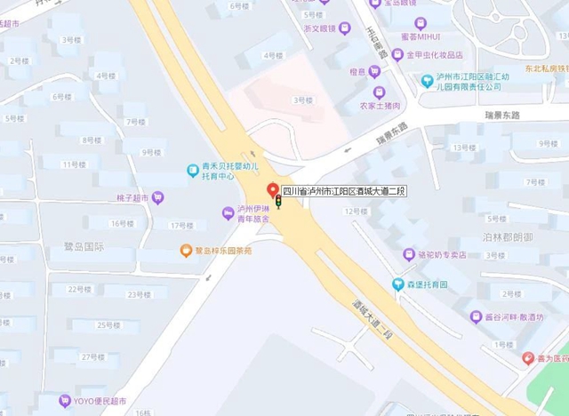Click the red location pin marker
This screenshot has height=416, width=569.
pyautogui.click(x=273, y=189)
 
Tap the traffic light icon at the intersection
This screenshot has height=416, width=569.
pyautogui.click(x=277, y=204)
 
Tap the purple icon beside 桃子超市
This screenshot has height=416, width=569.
pyautogui.click(x=157, y=197)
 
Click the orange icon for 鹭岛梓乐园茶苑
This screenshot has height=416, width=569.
pyautogui.click(x=186, y=251)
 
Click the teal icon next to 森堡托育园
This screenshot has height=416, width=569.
pyautogui.click(x=398, y=284)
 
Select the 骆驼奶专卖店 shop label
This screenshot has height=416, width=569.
pyautogui.click(x=441, y=254)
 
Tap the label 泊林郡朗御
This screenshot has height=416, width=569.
pyautogui.click(x=507, y=237)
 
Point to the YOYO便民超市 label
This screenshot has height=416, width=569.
pyautogui.click(x=100, y=401)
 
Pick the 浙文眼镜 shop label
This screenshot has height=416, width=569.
pyautogui.click(x=319, y=28)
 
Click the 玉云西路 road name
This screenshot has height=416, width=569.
pyautogui.click(x=376, y=41)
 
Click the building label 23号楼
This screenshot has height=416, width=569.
pyautogui.click(x=135, y=293)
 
